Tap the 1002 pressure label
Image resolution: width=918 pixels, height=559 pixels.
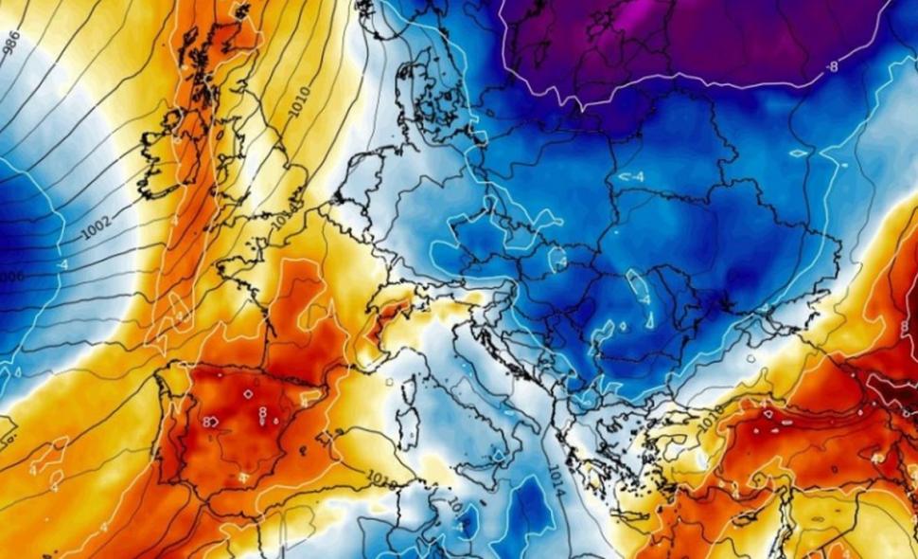click(x=97, y=226)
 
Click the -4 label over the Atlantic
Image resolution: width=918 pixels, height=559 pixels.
click(x=62, y=265)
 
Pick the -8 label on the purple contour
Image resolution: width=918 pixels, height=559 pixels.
click(x=833, y=67)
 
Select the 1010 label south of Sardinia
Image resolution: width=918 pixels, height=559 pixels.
click(x=382, y=476)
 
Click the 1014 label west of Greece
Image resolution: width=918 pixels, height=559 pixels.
click(x=555, y=485)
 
